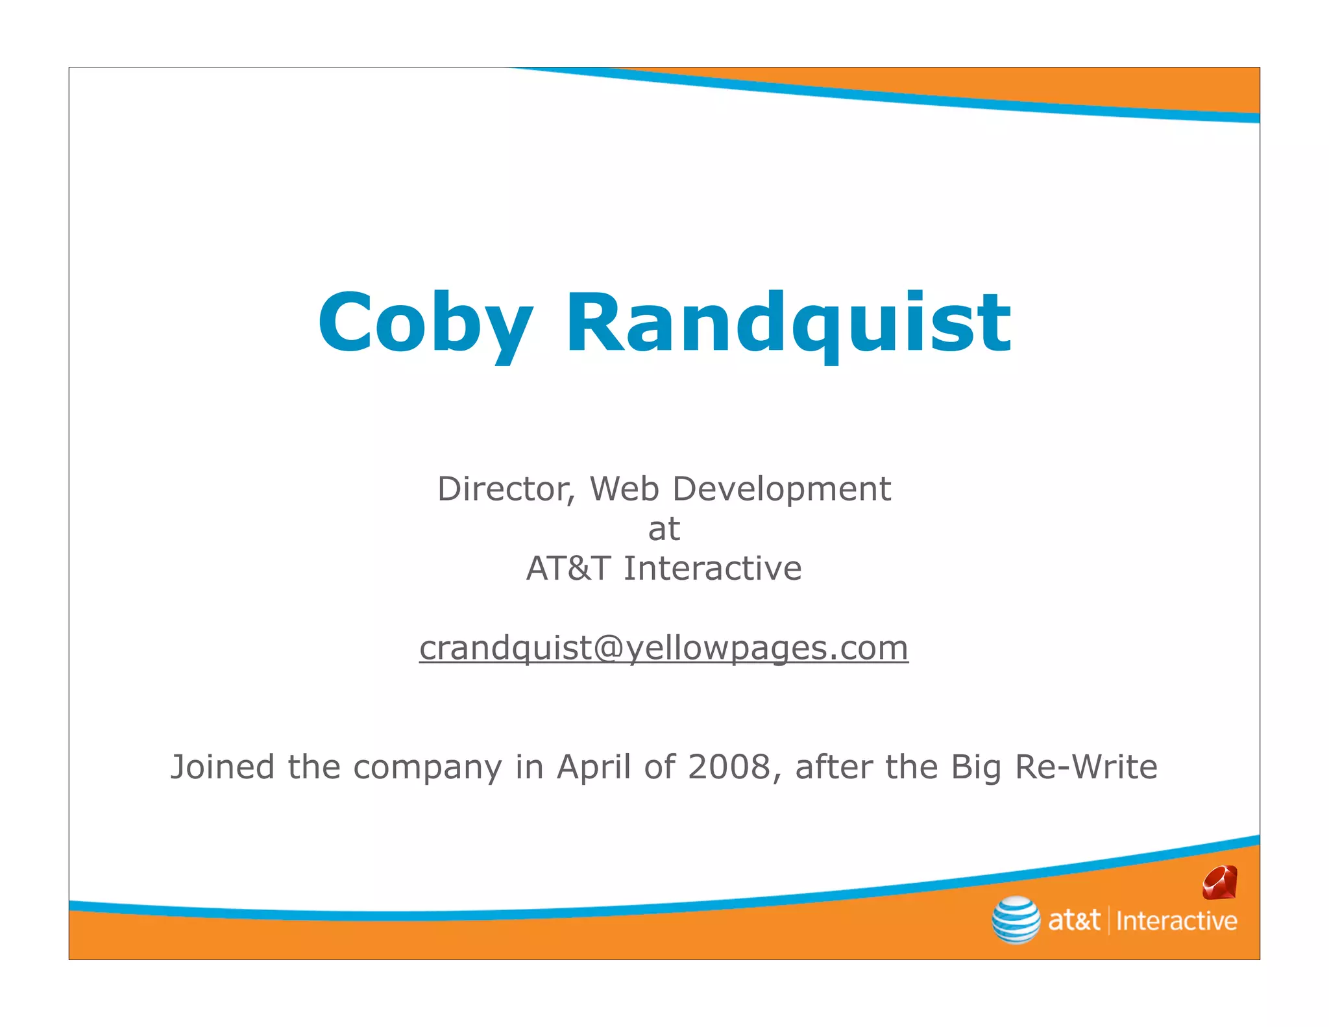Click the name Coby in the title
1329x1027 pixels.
coord(425,323)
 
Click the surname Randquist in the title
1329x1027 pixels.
coord(788,323)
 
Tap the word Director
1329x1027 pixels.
coord(506,489)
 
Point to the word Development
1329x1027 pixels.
coord(781,489)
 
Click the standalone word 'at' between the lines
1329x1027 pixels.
coord(664,529)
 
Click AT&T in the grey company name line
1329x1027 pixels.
coord(568,569)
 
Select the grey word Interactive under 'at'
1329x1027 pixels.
coord(713,569)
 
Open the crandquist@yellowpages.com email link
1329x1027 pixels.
coord(664,648)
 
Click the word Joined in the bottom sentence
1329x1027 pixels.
coord(223,767)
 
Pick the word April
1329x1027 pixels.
coord(594,767)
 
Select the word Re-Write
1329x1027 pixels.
coord(1086,767)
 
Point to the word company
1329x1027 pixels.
coord(428,768)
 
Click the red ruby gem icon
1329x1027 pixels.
coord(1219,882)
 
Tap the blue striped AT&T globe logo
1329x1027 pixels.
coord(1016,920)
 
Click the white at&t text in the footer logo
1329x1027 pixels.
coord(1074,921)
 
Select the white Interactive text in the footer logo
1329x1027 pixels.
coord(1177,921)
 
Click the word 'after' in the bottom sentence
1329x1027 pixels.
coord(834,767)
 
